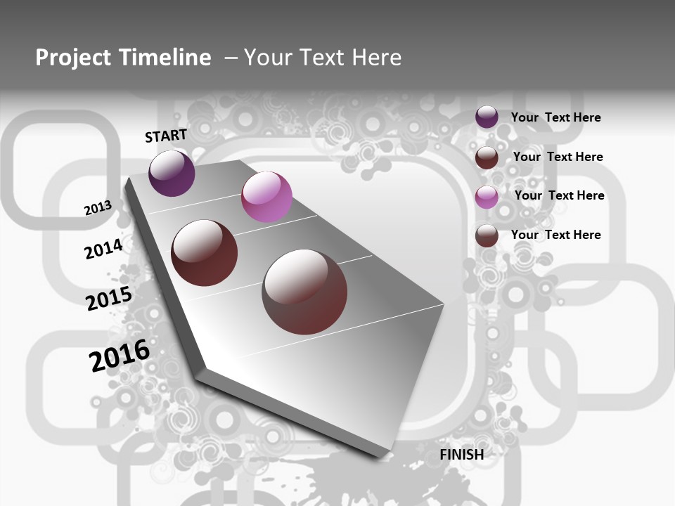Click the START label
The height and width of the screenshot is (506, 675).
(166, 135)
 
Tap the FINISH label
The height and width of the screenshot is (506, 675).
(462, 455)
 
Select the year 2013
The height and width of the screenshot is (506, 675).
(98, 208)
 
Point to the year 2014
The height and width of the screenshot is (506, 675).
(103, 249)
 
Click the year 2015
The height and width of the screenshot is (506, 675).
(109, 298)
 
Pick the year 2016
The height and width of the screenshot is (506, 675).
(120, 355)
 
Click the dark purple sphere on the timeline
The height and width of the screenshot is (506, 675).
(172, 173)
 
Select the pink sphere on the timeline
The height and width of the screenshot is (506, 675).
(266, 197)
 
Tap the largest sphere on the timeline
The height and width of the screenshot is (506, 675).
(304, 292)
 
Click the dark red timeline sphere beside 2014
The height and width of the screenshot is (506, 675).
(205, 253)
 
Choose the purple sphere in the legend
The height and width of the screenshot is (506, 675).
(487, 117)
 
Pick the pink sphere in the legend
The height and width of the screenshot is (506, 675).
(487, 197)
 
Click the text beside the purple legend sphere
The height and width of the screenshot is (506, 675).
(555, 117)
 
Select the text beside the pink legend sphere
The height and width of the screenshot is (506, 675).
(559, 195)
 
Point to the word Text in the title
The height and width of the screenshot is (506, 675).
(323, 57)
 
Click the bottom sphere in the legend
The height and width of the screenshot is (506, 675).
(487, 236)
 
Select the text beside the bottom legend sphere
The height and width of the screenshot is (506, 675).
(555, 235)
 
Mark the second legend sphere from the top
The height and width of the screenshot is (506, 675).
(487, 157)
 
